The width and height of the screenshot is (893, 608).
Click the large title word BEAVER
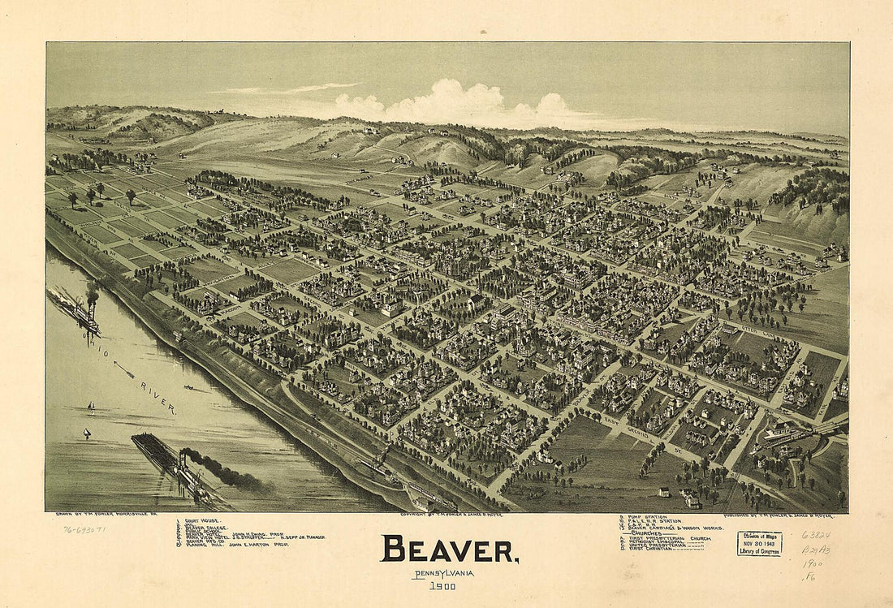click(x=450, y=550)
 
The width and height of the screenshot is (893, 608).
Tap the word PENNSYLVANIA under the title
click(x=443, y=574)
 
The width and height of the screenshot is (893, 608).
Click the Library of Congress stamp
click(x=759, y=543)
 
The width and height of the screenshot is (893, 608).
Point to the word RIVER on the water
click(x=157, y=398)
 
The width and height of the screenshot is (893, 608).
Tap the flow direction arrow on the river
click(x=123, y=370)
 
